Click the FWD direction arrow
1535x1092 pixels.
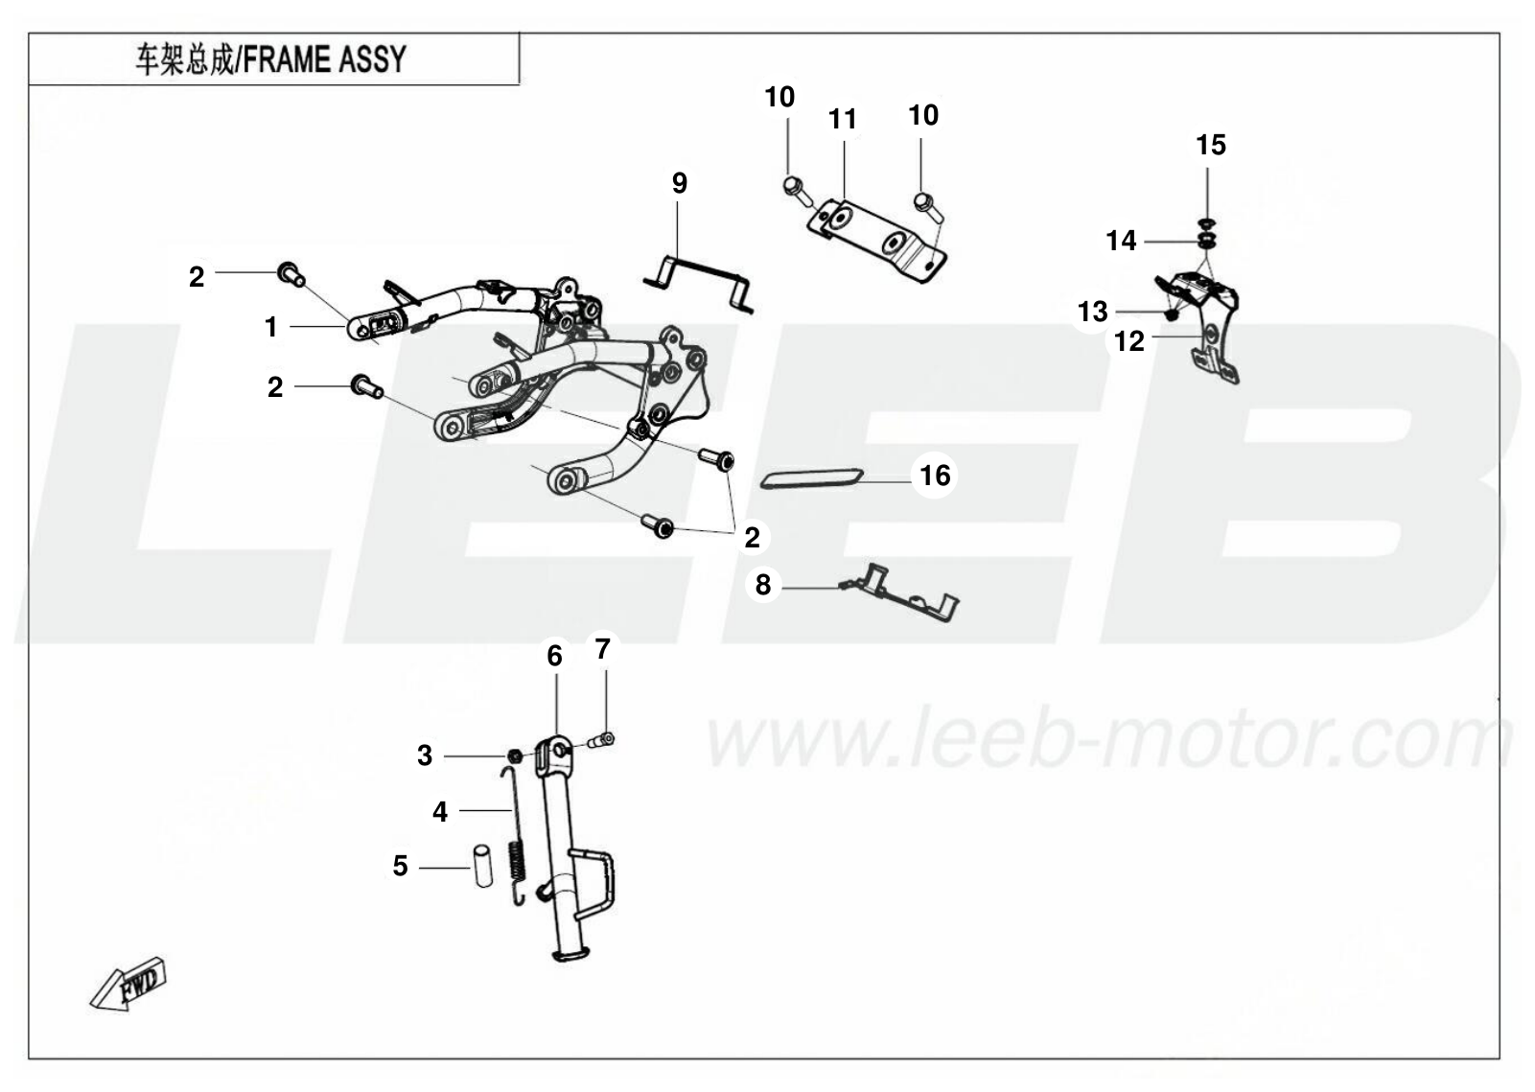128,985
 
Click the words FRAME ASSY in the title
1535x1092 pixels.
325,59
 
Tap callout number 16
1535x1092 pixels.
935,476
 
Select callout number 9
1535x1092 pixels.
679,183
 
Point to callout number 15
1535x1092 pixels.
1211,145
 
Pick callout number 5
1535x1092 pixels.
400,866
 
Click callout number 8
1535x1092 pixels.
762,585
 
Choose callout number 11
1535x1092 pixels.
843,120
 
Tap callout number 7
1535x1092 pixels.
602,649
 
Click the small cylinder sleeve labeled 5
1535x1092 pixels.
484,867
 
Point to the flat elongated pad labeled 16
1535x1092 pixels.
811,478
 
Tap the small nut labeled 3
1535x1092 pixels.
515,756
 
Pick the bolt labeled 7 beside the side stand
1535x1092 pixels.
601,740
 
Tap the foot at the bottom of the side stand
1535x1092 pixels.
570,953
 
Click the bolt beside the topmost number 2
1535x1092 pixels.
291,275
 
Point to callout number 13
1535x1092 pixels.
1092,312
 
